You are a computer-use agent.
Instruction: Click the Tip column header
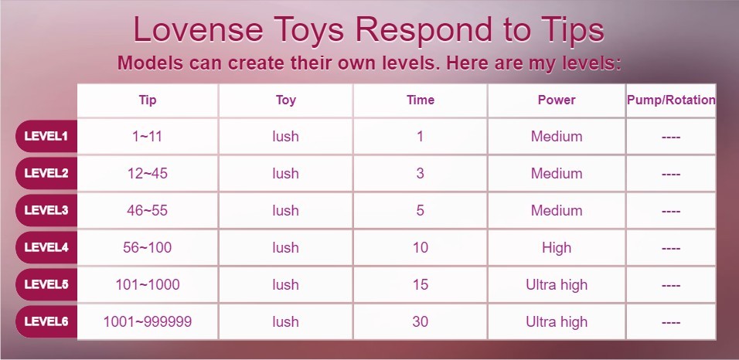click(148, 100)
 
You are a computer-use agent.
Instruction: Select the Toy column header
click(285, 100)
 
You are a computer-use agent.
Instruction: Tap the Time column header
click(421, 100)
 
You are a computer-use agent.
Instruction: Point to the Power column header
click(557, 100)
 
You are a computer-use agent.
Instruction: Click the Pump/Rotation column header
click(671, 100)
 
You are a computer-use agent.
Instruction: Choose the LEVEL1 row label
click(46, 136)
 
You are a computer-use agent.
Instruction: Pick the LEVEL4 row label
click(46, 247)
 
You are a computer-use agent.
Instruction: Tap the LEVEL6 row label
click(46, 321)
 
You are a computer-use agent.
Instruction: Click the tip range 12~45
click(148, 173)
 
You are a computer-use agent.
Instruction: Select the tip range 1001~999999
click(148, 322)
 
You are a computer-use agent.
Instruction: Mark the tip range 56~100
click(148, 247)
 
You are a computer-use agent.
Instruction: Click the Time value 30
click(421, 322)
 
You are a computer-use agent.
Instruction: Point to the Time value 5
click(421, 211)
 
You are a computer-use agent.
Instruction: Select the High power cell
click(557, 248)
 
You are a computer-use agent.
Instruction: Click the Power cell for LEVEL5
click(557, 285)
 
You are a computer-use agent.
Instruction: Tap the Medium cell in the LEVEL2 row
click(557, 173)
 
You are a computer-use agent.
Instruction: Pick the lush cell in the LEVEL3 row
click(285, 210)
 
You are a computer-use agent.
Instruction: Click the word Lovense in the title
click(199, 29)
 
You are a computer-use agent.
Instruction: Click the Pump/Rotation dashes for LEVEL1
click(671, 137)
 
